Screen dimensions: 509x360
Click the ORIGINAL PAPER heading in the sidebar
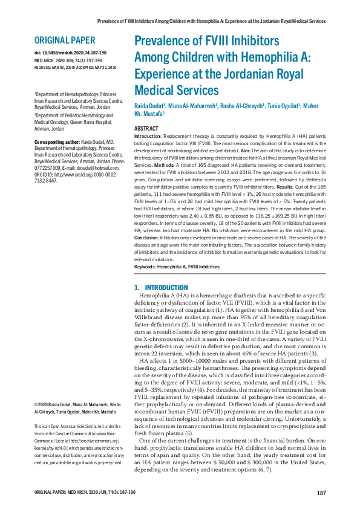65,41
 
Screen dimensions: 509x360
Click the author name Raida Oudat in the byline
150,106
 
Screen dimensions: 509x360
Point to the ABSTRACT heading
146,129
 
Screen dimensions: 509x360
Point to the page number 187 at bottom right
321,493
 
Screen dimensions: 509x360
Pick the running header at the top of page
212,21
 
